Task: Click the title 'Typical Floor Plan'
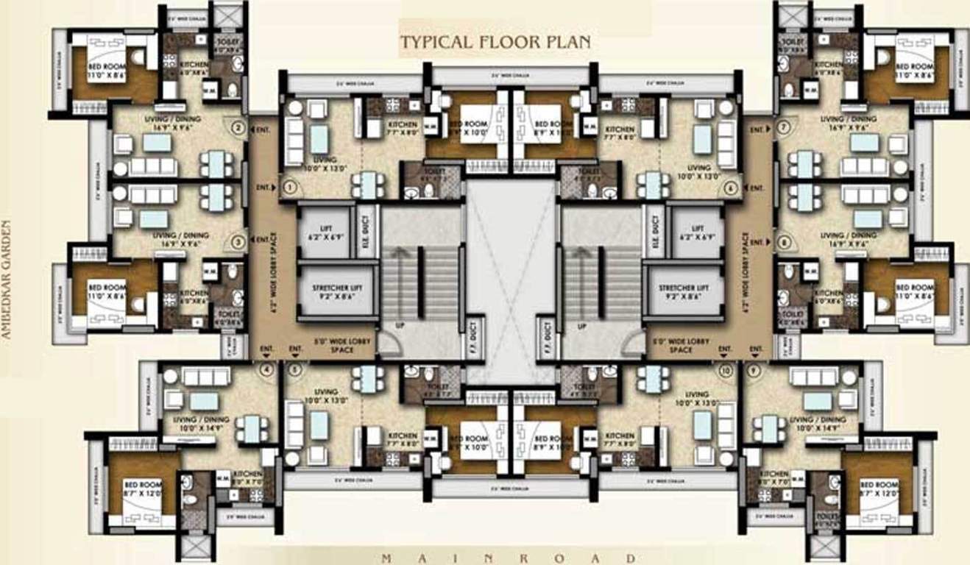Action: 495,42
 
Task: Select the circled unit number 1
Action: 289,188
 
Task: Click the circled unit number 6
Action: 731,188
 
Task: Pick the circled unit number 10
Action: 728,372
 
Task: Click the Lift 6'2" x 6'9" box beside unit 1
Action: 324,232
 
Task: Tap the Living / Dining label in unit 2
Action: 181,121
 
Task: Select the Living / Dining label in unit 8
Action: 848,239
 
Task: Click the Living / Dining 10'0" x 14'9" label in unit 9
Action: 818,424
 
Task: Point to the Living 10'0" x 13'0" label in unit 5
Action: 325,397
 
